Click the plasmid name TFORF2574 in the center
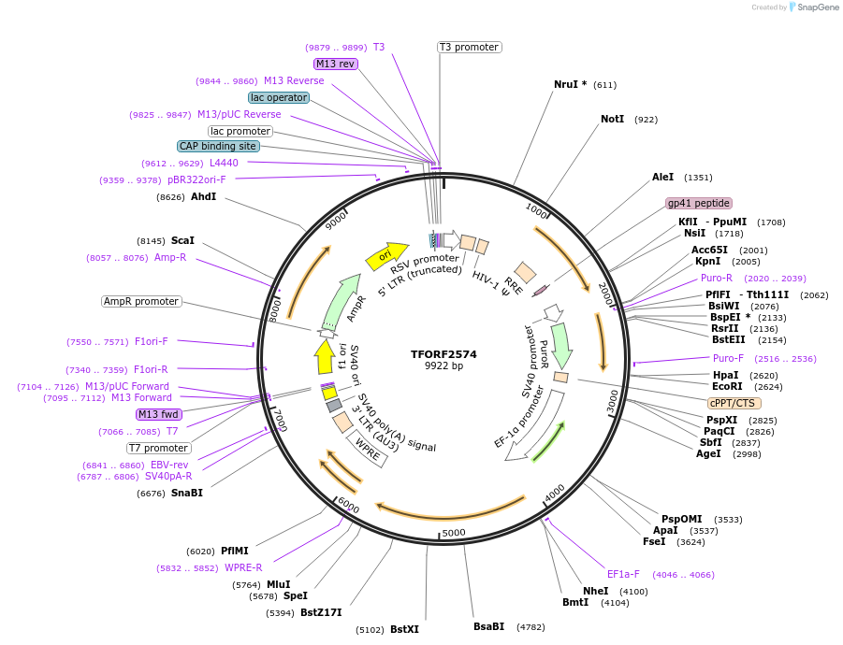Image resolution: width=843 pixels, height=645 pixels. pyautogui.click(x=443, y=354)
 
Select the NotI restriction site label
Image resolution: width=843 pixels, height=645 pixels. pyautogui.click(x=612, y=120)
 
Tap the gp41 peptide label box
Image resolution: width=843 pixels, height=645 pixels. pyautogui.click(x=699, y=203)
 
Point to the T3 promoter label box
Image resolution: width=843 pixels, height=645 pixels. pyautogui.click(x=469, y=47)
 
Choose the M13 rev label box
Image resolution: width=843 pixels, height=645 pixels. pyautogui.click(x=335, y=64)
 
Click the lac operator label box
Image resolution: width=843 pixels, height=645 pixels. pyautogui.click(x=279, y=97)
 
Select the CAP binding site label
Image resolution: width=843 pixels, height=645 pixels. pyautogui.click(x=218, y=146)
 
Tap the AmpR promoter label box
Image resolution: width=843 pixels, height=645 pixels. pyautogui.click(x=141, y=301)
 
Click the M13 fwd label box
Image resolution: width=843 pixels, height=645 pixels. pyautogui.click(x=158, y=414)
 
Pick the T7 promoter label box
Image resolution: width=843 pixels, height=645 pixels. pyautogui.click(x=159, y=448)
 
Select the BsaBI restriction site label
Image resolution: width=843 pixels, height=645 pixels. pyautogui.click(x=488, y=626)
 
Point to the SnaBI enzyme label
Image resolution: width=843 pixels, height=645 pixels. pyautogui.click(x=186, y=493)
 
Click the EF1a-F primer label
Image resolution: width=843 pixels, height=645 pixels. pyautogui.click(x=623, y=574)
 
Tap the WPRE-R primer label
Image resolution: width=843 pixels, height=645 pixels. pyautogui.click(x=243, y=567)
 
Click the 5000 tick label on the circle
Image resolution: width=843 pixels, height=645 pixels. pyautogui.click(x=454, y=533)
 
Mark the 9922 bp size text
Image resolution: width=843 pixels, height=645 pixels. pyautogui.click(x=443, y=366)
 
